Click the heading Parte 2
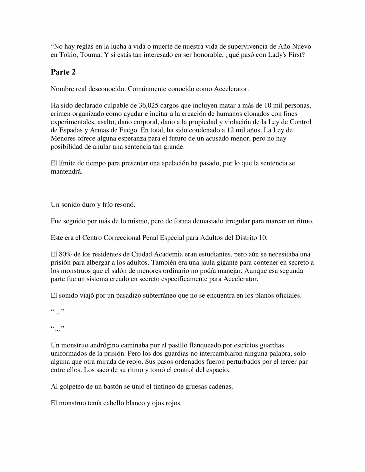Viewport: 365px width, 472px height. coord(63,72)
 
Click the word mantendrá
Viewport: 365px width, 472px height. coord(66,172)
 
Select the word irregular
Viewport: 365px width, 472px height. coord(238,221)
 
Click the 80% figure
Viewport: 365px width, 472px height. coord(65,254)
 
